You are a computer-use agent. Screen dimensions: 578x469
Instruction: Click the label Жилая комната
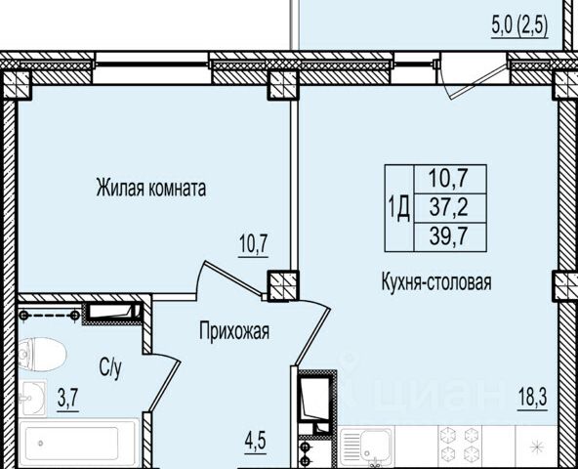click(150, 189)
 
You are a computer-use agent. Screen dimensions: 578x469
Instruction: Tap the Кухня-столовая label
click(436, 282)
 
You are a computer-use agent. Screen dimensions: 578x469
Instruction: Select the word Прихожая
click(234, 331)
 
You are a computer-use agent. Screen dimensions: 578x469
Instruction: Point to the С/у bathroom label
click(110, 368)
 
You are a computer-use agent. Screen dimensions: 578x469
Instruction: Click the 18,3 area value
click(532, 398)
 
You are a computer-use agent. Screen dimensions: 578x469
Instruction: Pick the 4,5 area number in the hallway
click(255, 442)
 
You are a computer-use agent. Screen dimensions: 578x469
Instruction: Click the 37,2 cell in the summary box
click(449, 208)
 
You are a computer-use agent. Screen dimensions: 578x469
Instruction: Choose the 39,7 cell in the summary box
click(449, 236)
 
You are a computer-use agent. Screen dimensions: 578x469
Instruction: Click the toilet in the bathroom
click(41, 355)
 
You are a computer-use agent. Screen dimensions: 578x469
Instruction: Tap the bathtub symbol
click(78, 444)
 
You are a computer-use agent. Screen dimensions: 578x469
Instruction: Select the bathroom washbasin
click(32, 398)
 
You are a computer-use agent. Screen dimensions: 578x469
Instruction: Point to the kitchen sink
click(366, 447)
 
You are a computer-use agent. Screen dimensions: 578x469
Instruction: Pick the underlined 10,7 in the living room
click(253, 244)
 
